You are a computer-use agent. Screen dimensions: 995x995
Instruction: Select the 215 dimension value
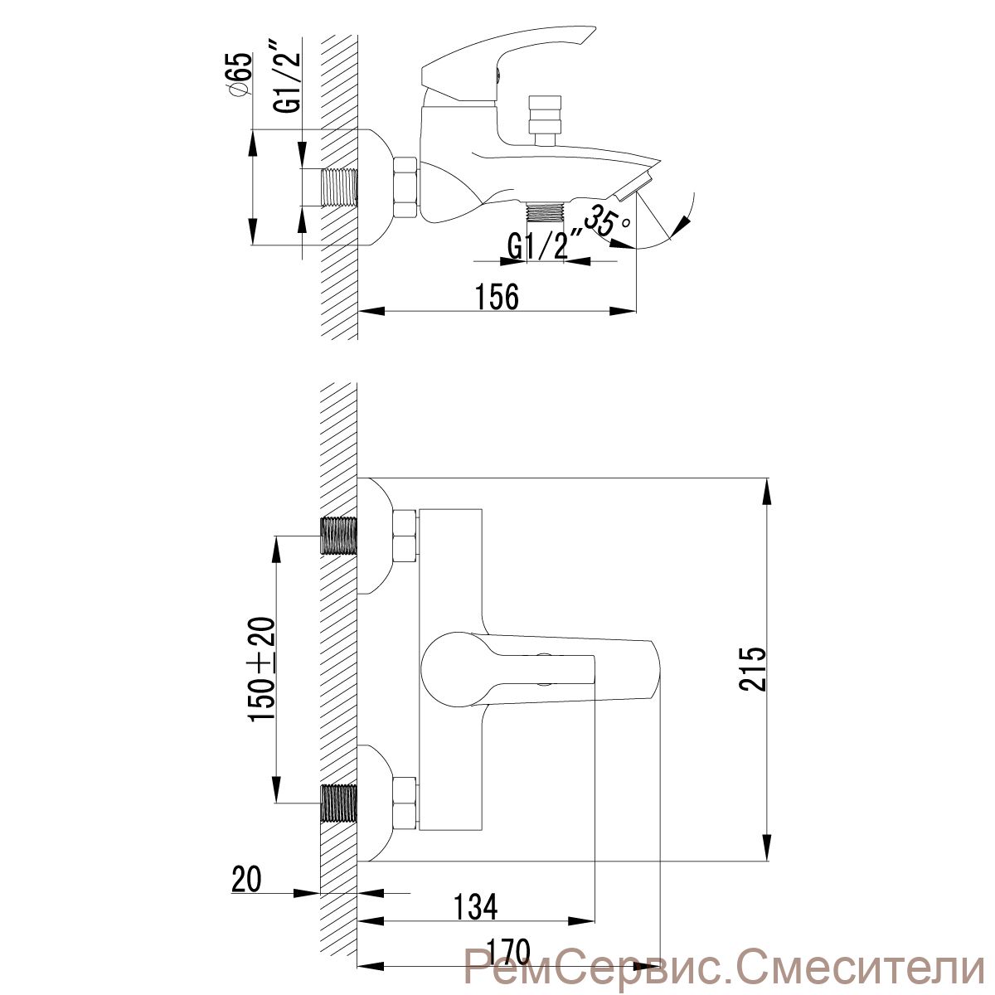[752, 668]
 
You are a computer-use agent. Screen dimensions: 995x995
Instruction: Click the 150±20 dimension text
[262, 669]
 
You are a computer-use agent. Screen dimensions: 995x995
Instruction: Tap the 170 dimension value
[508, 964]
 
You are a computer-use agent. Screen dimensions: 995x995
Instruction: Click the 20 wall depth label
[246, 879]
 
